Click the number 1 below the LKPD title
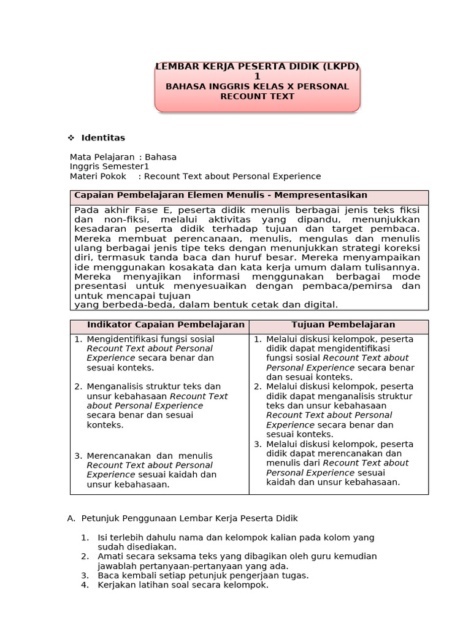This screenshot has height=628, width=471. pos(258,77)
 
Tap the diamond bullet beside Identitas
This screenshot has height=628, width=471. pos(71,138)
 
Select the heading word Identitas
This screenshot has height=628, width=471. pos(103,138)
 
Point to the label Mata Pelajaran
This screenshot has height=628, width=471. pos(102,156)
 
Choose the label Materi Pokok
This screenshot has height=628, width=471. pos(98,176)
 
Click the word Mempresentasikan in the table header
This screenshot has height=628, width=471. pos(321,195)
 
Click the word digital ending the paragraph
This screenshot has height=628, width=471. pos(323,304)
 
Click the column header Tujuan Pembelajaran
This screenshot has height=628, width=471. pos(343,325)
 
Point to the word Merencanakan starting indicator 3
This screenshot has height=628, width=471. pos(118,456)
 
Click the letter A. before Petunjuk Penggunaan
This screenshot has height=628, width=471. pos(71,518)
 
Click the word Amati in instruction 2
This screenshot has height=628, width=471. pos(110,556)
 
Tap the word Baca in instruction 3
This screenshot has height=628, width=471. pos(108,575)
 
